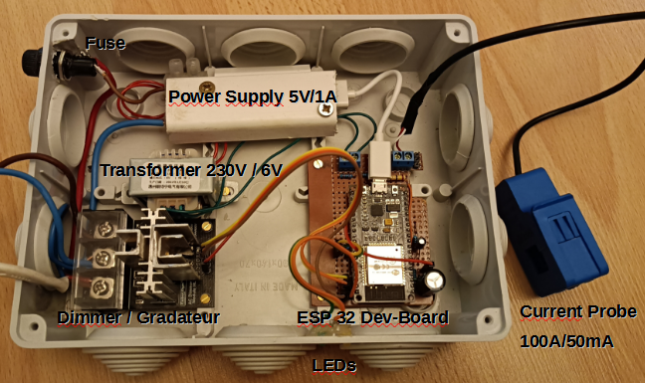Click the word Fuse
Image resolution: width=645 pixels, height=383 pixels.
pos(106,44)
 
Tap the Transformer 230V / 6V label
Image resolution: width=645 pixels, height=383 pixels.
pos(190,170)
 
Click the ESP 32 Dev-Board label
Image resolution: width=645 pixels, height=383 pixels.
pos(371,317)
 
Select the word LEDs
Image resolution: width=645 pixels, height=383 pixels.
pos(334,365)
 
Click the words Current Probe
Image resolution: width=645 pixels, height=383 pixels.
pos(578,312)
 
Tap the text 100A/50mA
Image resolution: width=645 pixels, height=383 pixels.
pos(566,341)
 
